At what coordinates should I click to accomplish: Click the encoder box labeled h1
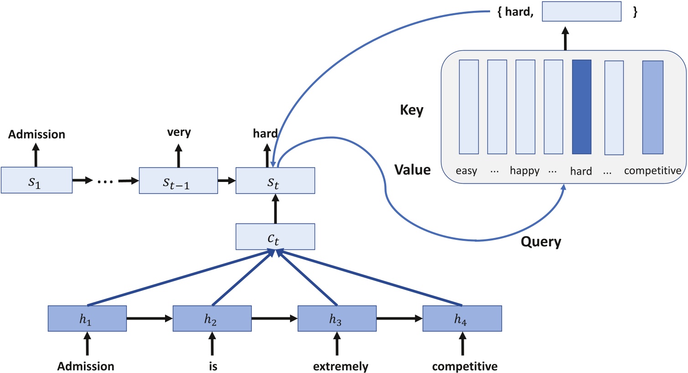pos(87,318)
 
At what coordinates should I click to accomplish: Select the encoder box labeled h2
pos(212,318)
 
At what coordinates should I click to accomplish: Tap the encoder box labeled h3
pos(337,318)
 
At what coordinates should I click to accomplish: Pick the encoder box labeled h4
pos(462,318)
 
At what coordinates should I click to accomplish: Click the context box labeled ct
pos(275,237)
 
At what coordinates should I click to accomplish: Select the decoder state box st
pos(275,181)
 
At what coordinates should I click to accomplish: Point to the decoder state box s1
pos(36,180)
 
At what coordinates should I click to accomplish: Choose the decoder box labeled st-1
pos(178,181)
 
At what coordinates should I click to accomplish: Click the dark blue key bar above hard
pos(581,107)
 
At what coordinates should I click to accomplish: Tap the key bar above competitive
pos(652,107)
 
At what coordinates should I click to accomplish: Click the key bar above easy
pos(469,107)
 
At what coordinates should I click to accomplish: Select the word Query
pos(541,242)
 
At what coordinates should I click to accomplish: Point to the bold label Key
pos(411,110)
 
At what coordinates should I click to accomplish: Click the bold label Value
pos(412,170)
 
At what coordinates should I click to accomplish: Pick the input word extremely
pos(341,367)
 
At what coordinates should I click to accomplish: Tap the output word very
pos(179,132)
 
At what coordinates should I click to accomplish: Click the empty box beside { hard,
pos(581,12)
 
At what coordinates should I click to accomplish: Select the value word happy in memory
pos(524,171)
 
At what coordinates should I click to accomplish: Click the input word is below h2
pos(213,367)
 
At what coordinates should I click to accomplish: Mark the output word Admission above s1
pos(36,135)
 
